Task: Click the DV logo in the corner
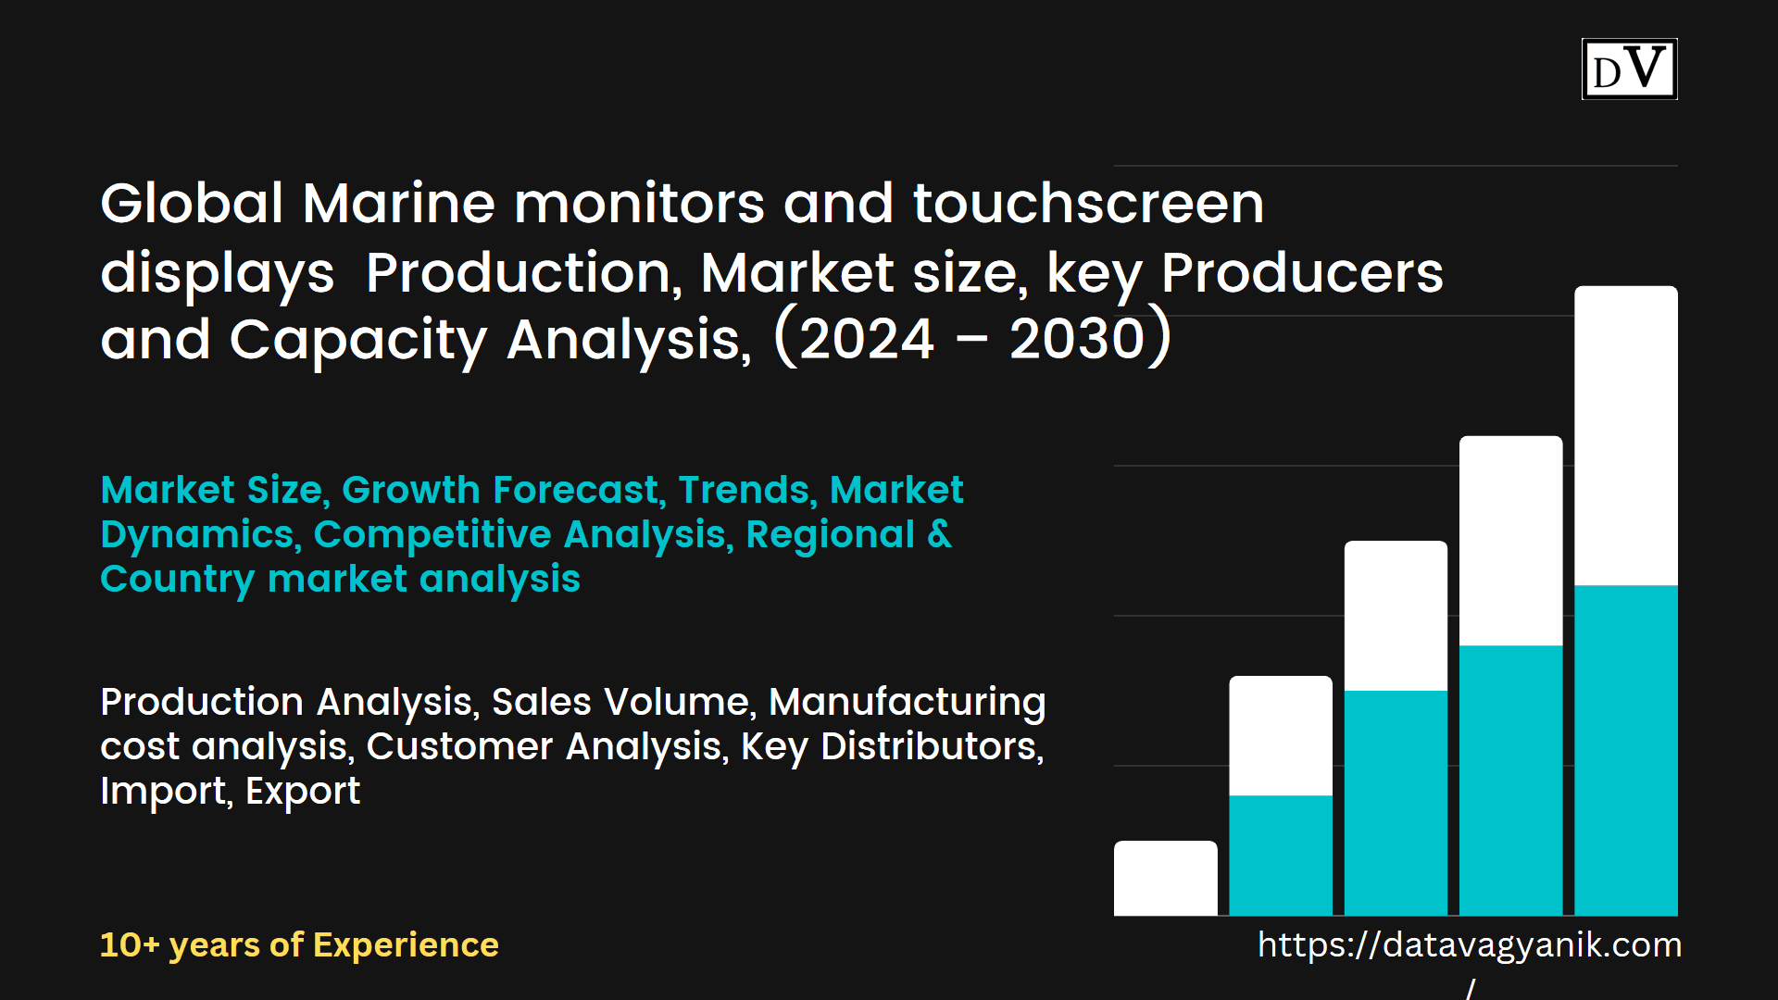coord(1629,69)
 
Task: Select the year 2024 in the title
coord(866,339)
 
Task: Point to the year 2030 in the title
coord(1078,339)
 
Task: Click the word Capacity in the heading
coord(357,341)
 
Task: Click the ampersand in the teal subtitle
coord(939,534)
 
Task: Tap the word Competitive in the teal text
coord(432,534)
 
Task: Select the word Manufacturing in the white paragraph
coord(907,702)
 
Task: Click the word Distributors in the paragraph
coord(932,746)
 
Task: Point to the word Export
coord(303,791)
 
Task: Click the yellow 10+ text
coord(130,944)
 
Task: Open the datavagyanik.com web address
coord(1470,945)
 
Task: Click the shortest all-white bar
coord(1165,878)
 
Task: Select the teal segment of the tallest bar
coord(1625,750)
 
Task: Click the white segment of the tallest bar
coord(1625,435)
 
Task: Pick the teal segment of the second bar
coord(1281,855)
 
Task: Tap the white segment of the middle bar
coord(1396,616)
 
